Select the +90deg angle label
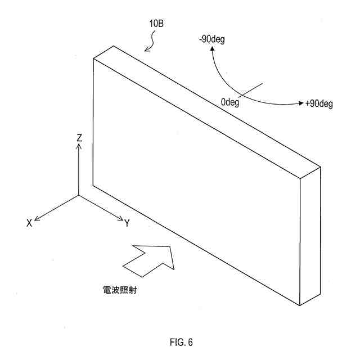pyautogui.click(x=319, y=104)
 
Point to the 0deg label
pyautogui.click(x=231, y=103)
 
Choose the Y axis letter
pyautogui.click(x=127, y=223)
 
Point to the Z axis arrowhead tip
pyautogui.click(x=79, y=145)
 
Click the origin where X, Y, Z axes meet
pyautogui.click(x=79, y=195)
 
